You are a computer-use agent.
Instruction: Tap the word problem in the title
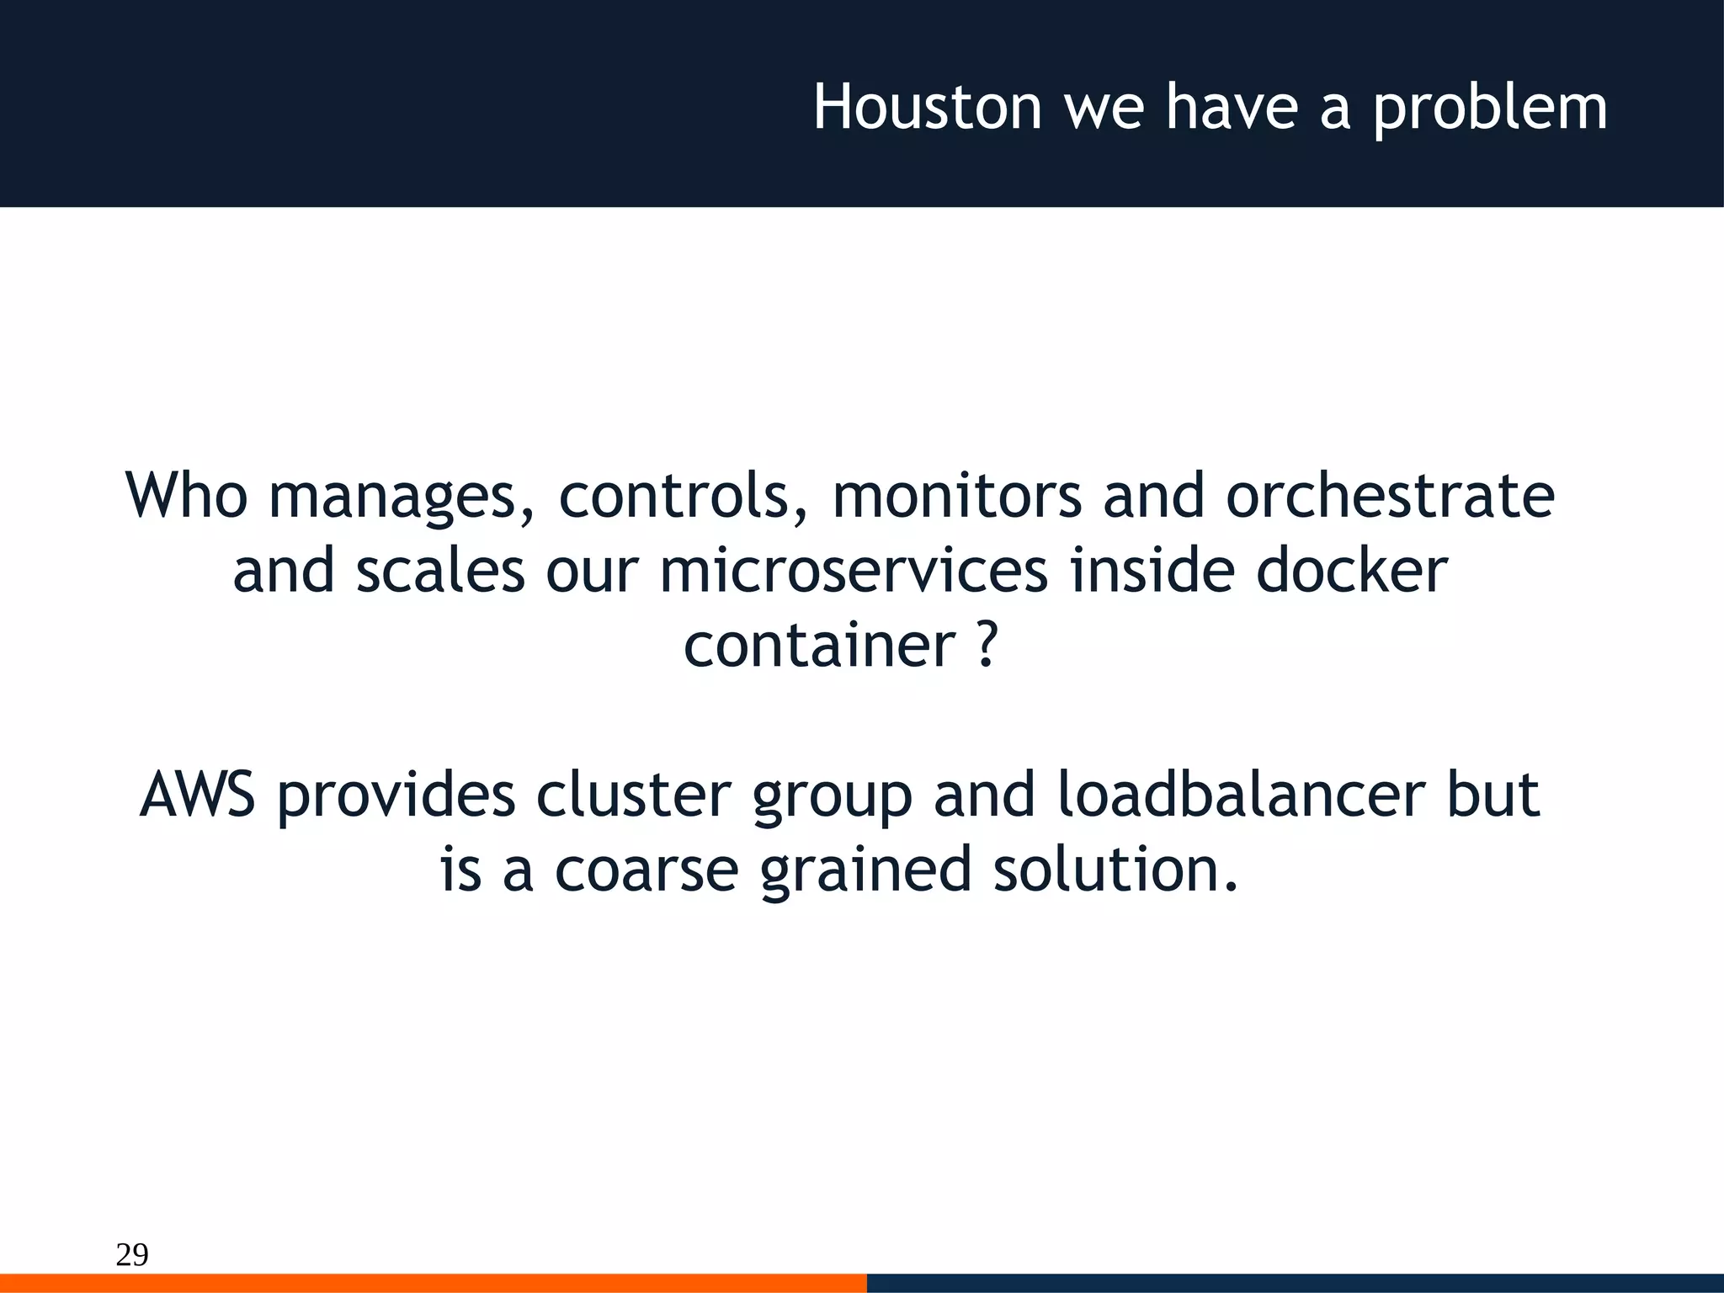pos(1490,109)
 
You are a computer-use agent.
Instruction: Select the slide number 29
pos(132,1253)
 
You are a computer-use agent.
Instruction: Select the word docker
pos(1352,570)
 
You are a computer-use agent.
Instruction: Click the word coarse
pos(646,869)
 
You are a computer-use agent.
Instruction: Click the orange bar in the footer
pos(433,1283)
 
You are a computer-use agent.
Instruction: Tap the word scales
pos(440,570)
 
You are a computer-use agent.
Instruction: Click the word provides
pos(396,795)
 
